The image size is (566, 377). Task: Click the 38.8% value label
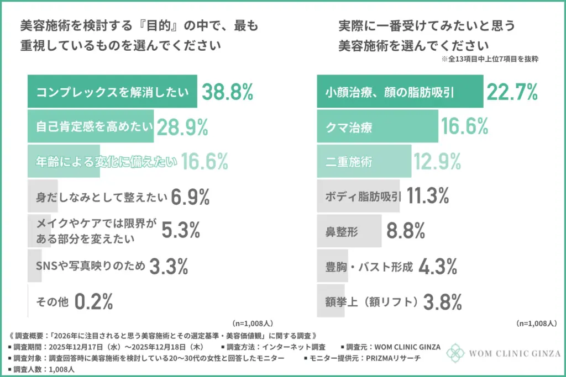coord(227,93)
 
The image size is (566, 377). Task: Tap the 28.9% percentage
coord(182,128)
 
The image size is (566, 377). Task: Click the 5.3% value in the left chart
coord(181,231)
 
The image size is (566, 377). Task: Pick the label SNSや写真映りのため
coord(91,267)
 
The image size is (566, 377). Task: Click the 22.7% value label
coord(512,93)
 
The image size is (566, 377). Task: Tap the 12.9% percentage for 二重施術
coord(437,162)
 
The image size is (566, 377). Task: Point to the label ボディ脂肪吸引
coord(363,196)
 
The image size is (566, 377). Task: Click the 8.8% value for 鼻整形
coord(405,231)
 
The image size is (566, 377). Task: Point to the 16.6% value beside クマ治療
coord(464,128)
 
